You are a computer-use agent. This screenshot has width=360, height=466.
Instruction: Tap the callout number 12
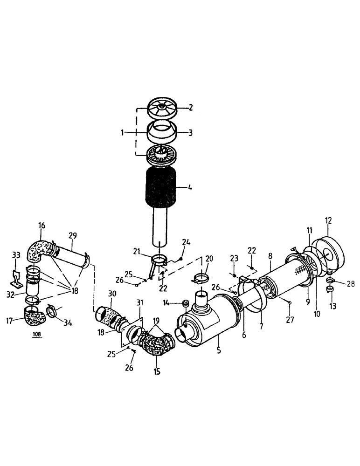point(329,220)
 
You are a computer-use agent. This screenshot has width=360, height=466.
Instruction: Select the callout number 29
point(73,236)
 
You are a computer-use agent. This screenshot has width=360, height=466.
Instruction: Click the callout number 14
point(167,303)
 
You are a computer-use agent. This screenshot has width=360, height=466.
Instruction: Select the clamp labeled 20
point(199,281)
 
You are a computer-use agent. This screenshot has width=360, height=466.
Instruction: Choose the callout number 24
point(186,242)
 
